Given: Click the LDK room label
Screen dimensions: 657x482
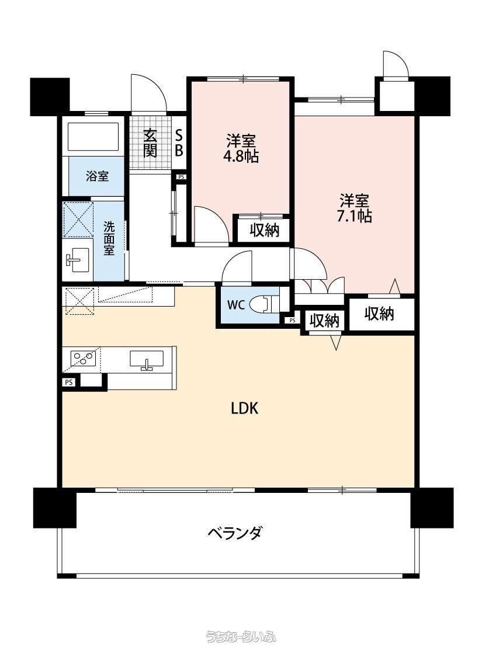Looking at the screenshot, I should click(244, 409).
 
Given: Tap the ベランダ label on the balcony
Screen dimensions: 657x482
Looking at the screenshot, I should click(234, 533).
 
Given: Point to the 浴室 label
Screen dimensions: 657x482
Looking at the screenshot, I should click(97, 176).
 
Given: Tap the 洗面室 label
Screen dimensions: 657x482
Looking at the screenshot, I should click(109, 237).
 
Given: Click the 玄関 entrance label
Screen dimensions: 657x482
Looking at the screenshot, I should click(150, 143).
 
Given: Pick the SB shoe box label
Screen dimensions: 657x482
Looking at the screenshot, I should click(179, 142).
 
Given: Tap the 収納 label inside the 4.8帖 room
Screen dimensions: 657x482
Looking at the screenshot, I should click(264, 231).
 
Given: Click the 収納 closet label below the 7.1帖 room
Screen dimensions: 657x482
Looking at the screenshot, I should click(380, 314).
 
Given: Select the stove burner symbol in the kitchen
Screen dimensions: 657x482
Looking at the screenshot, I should click(83, 357).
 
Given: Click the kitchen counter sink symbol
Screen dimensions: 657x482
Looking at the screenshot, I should click(146, 360).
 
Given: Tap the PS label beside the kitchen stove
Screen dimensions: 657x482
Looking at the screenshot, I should click(69, 383).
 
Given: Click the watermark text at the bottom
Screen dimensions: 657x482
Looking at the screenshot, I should click(241, 636).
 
